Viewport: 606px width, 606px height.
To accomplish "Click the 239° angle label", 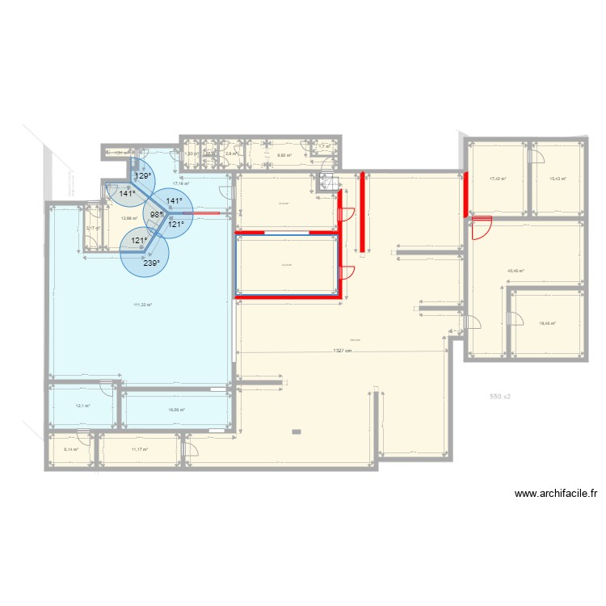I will (x=151, y=263).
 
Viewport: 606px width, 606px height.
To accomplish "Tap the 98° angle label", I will (x=156, y=215).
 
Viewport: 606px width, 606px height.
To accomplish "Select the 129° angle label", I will (x=142, y=175).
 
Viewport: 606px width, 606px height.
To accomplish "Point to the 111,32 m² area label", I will (x=142, y=305).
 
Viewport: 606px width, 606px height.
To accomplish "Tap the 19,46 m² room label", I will (x=547, y=323).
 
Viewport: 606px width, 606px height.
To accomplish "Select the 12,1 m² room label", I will (x=82, y=406).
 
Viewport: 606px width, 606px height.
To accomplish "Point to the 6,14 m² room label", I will (x=71, y=448).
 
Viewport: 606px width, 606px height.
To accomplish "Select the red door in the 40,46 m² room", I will (x=482, y=229).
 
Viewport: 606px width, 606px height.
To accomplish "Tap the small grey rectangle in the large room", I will (x=297, y=431).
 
